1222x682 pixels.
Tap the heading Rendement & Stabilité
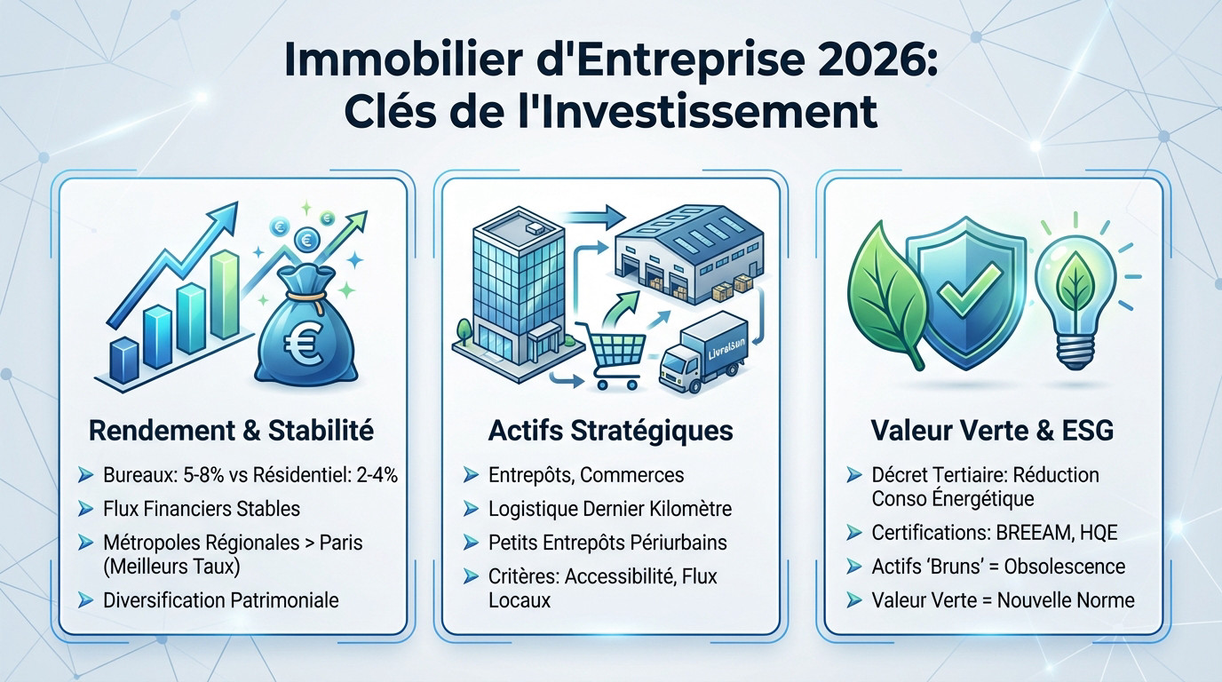[x=231, y=432]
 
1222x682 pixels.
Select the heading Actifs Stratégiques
[x=611, y=432]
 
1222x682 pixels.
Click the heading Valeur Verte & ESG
[x=992, y=432]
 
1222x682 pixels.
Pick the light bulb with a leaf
[x=1083, y=284]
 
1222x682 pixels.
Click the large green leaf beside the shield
[x=885, y=293]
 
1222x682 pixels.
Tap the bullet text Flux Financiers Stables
[x=202, y=509]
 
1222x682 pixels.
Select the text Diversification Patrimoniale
[x=221, y=600]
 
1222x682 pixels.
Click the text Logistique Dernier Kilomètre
[x=610, y=509]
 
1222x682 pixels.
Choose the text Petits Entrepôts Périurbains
[x=607, y=542]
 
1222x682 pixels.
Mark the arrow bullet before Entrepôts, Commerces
[x=472, y=476]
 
